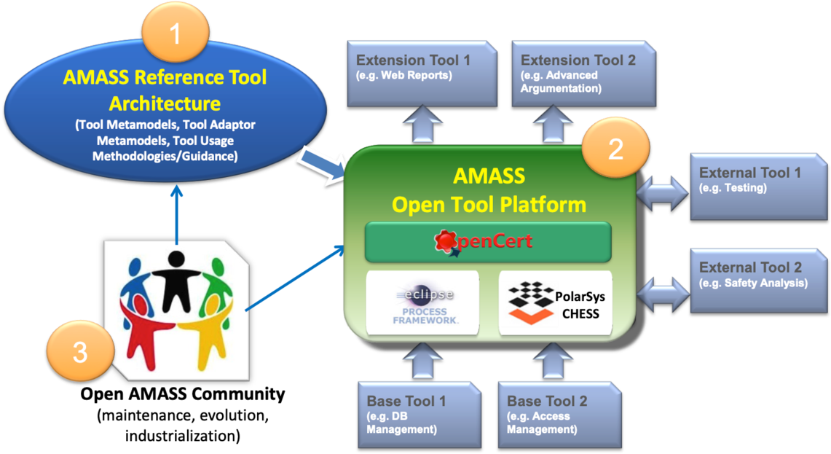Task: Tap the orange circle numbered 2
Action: point(615,149)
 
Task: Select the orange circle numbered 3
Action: point(80,353)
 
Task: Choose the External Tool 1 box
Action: point(754,186)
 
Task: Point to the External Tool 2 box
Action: point(754,280)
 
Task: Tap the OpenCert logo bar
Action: point(487,241)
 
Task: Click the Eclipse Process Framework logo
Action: point(422,302)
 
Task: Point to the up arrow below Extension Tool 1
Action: point(423,122)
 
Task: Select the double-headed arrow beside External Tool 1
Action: point(662,192)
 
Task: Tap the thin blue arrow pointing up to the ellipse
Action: point(176,215)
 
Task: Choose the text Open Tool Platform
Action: point(489,204)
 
